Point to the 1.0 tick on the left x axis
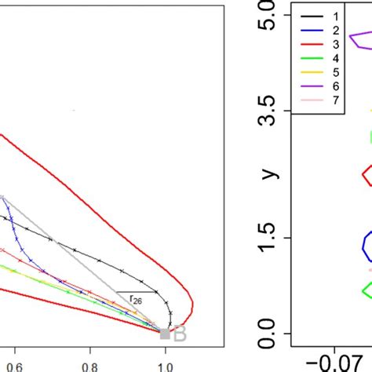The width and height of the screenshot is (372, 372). point(166,365)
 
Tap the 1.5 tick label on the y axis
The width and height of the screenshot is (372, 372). point(268,238)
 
